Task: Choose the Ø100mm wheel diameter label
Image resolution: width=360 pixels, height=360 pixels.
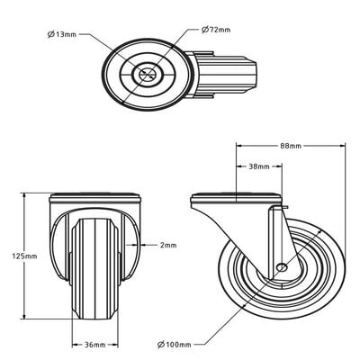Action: (175, 346)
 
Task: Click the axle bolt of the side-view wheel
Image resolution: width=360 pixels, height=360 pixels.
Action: (282, 267)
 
